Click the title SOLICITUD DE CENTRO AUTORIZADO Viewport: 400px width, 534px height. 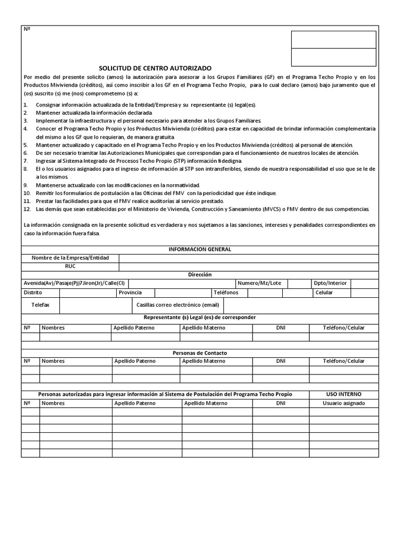click(156, 68)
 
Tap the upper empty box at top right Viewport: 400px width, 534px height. click(333, 40)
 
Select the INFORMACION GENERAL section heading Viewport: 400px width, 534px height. click(199, 249)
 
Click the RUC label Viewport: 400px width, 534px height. click(70, 266)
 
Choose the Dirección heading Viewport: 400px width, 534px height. click(199, 274)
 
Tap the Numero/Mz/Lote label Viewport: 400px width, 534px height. click(259, 283)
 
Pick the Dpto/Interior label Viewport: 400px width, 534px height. click(330, 283)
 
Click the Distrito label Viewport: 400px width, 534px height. click(33, 293)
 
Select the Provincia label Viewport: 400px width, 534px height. click(130, 293)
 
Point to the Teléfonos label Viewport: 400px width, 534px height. click(226, 293)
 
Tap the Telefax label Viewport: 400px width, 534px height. click(40, 305)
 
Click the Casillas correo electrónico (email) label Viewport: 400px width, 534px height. click(178, 305)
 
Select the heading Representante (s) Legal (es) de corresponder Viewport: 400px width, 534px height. click(199, 317)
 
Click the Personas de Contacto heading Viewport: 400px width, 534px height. click(199, 353)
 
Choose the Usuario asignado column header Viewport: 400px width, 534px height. click(343, 403)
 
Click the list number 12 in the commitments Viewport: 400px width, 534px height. click(27, 209)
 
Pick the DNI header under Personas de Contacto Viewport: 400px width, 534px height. click(281, 361)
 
